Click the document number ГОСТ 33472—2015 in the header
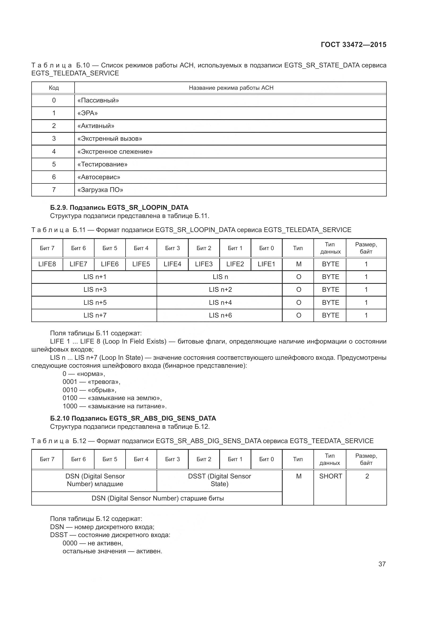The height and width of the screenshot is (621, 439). pos(353,45)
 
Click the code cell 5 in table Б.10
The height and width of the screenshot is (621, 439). pos(54,164)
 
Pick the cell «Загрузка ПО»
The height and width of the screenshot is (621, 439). pos(100,190)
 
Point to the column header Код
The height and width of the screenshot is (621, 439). pos(54,88)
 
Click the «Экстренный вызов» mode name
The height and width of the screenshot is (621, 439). pos(110,139)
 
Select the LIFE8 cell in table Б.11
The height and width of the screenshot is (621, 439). pos(47,264)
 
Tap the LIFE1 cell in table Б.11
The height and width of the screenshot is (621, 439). pos(266,264)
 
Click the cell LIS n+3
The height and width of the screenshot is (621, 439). pos(95,290)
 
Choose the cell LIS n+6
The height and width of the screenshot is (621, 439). pos(220,315)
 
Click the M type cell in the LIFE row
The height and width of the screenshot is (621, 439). pos(298,264)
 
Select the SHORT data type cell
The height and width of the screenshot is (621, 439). pos(330,476)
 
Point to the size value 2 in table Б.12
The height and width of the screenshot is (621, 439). pos(367,476)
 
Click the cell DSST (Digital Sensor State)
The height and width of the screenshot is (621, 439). pos(219,480)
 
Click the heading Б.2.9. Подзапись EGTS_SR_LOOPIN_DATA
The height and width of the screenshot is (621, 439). pos(119,207)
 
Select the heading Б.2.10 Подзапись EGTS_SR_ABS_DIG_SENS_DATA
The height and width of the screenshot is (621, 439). pos(133,418)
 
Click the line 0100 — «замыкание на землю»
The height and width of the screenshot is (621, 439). pos(112,398)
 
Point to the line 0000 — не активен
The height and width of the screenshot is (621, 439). pos(93,543)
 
